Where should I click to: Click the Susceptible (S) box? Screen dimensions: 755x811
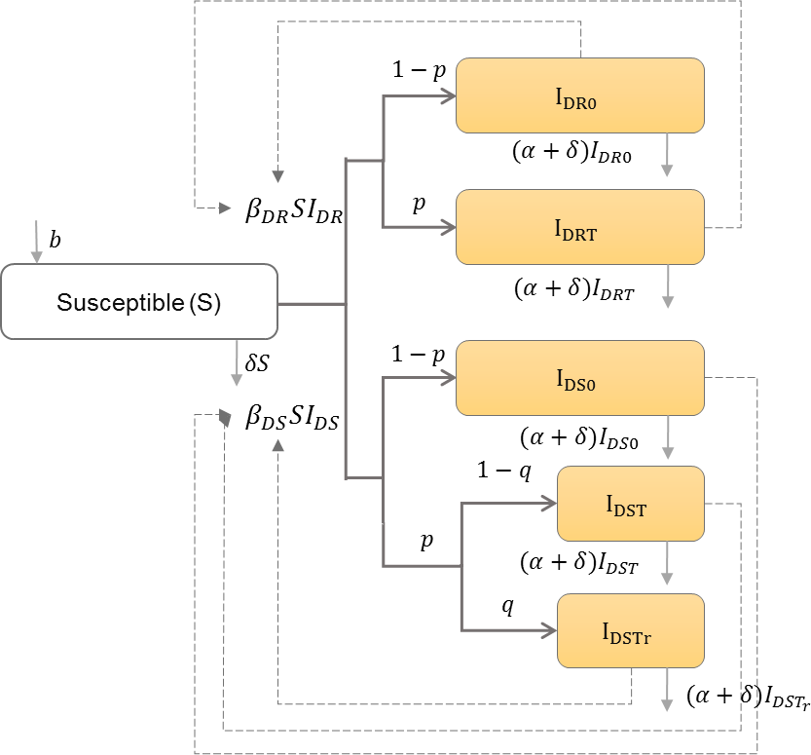click(x=139, y=302)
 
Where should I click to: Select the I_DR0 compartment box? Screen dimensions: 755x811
click(x=580, y=94)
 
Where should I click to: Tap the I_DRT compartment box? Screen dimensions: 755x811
click(x=580, y=227)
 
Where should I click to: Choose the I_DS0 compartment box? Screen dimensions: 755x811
click(x=580, y=378)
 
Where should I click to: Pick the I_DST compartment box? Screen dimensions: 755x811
click(x=630, y=504)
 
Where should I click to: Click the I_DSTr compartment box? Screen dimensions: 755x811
click(x=630, y=630)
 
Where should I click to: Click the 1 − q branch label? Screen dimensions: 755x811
click(x=503, y=472)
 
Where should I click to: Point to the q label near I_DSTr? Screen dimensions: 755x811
click(x=507, y=605)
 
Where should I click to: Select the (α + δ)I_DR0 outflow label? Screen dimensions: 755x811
click(x=574, y=153)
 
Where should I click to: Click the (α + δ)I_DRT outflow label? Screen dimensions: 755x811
click(x=574, y=288)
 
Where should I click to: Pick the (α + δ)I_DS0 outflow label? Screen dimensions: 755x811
click(x=574, y=440)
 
